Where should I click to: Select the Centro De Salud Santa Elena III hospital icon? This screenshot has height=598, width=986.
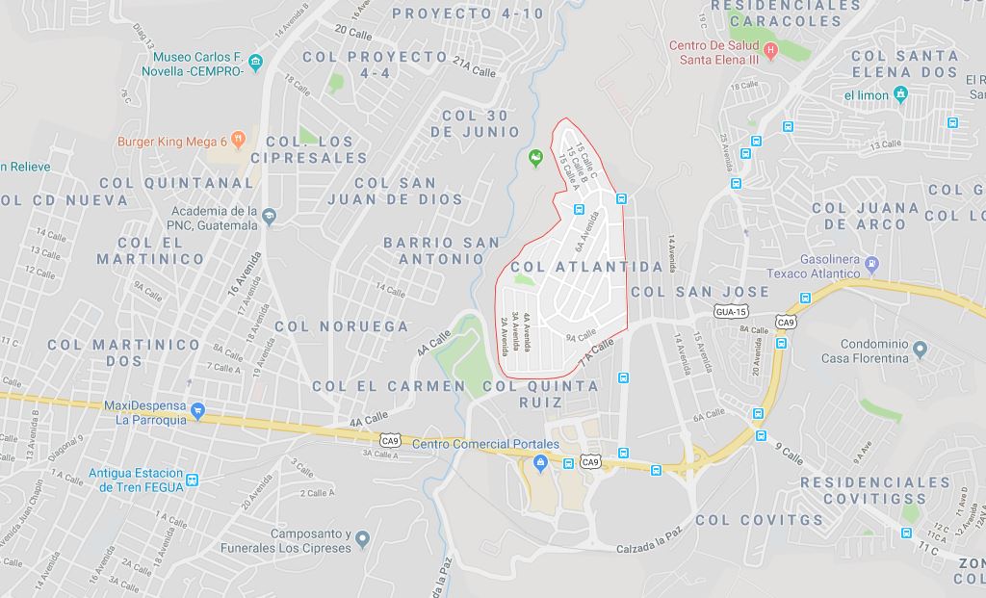(x=769, y=49)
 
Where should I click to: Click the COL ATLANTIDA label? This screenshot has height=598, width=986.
(x=586, y=266)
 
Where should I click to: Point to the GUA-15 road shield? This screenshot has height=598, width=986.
(x=732, y=311)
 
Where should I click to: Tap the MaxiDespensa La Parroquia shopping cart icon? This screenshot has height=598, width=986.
(x=197, y=411)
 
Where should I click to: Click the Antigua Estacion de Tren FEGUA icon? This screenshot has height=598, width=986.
(x=192, y=480)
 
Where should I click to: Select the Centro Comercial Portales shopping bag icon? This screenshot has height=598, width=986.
(x=540, y=463)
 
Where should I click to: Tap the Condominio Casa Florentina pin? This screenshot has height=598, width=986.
(x=921, y=349)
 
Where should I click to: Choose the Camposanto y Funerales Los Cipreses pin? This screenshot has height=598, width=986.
(x=361, y=537)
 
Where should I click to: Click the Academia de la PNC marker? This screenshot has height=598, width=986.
(x=269, y=216)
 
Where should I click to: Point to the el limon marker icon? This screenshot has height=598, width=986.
(x=900, y=93)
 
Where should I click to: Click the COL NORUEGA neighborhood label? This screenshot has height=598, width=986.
(x=342, y=326)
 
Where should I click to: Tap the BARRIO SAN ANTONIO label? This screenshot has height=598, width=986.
(x=442, y=250)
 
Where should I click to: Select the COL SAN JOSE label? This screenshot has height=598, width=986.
(x=700, y=292)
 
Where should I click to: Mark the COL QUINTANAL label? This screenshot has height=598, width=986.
(x=176, y=182)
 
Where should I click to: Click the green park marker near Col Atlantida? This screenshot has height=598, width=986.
(x=536, y=157)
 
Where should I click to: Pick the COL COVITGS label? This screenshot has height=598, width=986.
(x=760, y=520)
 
